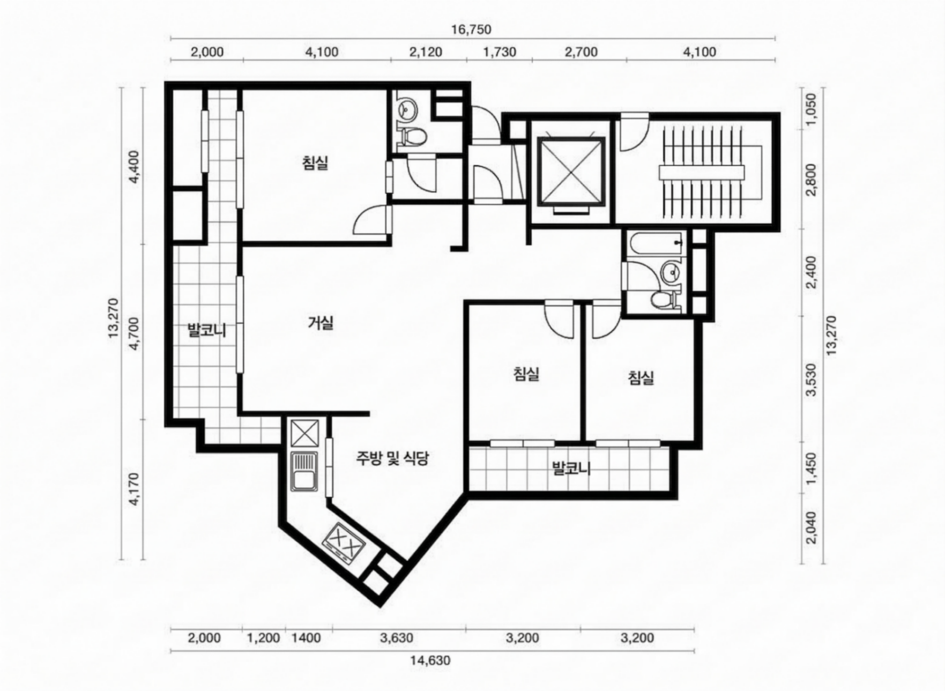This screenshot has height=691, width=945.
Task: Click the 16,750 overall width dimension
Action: click(471, 29)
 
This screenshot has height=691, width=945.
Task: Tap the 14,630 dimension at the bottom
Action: click(430, 660)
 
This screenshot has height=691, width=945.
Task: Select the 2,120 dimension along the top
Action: click(426, 52)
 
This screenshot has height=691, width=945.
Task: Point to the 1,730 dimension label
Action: click(500, 52)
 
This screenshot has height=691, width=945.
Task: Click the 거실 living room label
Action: click(321, 323)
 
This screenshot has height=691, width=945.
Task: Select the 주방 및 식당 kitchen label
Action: click(392, 458)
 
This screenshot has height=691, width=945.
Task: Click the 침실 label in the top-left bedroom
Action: click(315, 162)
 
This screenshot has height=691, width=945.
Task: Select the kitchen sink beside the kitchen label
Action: click(304, 472)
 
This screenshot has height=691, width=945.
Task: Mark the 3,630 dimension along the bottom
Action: click(397, 638)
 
